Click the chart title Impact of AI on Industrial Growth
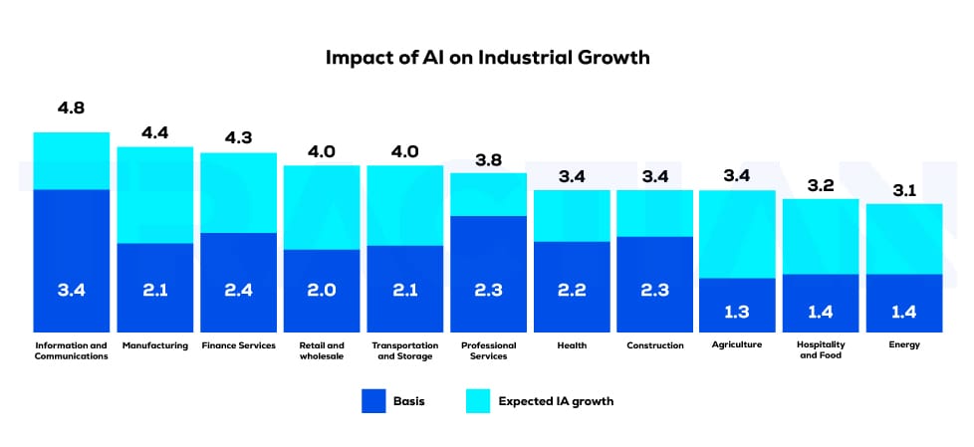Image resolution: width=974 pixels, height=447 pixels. pos(487,57)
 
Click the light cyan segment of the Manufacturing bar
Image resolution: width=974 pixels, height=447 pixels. pos(154,195)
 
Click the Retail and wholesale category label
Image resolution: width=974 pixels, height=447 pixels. pos(322,350)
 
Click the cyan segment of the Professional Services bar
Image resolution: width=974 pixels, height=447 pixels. pos(488,194)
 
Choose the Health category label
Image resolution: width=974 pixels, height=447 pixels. pos(572,345)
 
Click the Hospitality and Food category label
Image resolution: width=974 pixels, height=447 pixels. pos(821,350)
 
